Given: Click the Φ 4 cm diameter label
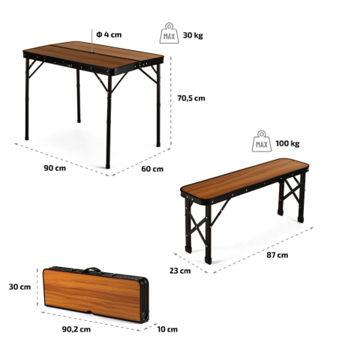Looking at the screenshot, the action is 109,34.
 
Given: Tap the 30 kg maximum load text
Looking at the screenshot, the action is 193,35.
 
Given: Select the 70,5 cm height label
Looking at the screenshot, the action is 191,98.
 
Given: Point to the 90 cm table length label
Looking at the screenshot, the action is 55,168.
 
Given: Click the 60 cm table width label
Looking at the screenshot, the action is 152,169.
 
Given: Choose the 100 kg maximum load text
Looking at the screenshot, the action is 287,144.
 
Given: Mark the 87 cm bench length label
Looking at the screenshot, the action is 277,255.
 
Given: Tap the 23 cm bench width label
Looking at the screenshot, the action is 180,271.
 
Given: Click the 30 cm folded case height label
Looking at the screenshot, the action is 19,286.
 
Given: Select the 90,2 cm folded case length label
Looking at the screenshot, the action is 76,329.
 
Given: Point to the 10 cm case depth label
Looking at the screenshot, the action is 167,329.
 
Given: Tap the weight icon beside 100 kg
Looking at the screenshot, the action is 262,141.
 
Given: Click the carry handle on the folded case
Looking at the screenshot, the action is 93,269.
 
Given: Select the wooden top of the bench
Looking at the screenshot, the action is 244,175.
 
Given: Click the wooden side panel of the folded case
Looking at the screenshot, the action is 92,294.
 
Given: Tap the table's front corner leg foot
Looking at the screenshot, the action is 108,166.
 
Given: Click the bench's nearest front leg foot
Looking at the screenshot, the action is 208,260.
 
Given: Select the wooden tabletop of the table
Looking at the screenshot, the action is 94,55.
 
